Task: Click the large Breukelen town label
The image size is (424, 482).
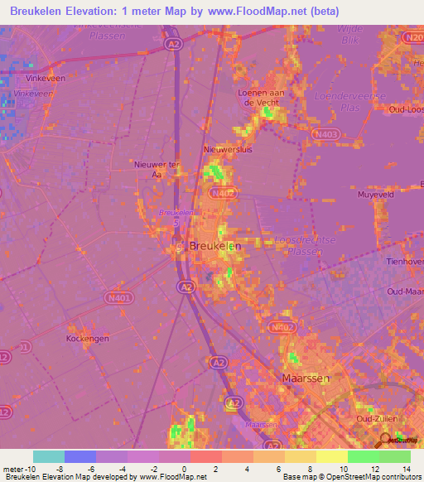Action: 215,246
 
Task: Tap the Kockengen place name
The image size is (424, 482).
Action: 87,339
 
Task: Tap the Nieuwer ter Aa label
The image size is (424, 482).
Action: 157,169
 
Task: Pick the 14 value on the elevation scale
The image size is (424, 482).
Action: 406,470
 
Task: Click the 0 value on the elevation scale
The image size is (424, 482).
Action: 184,470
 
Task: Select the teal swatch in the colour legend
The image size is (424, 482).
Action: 48,456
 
